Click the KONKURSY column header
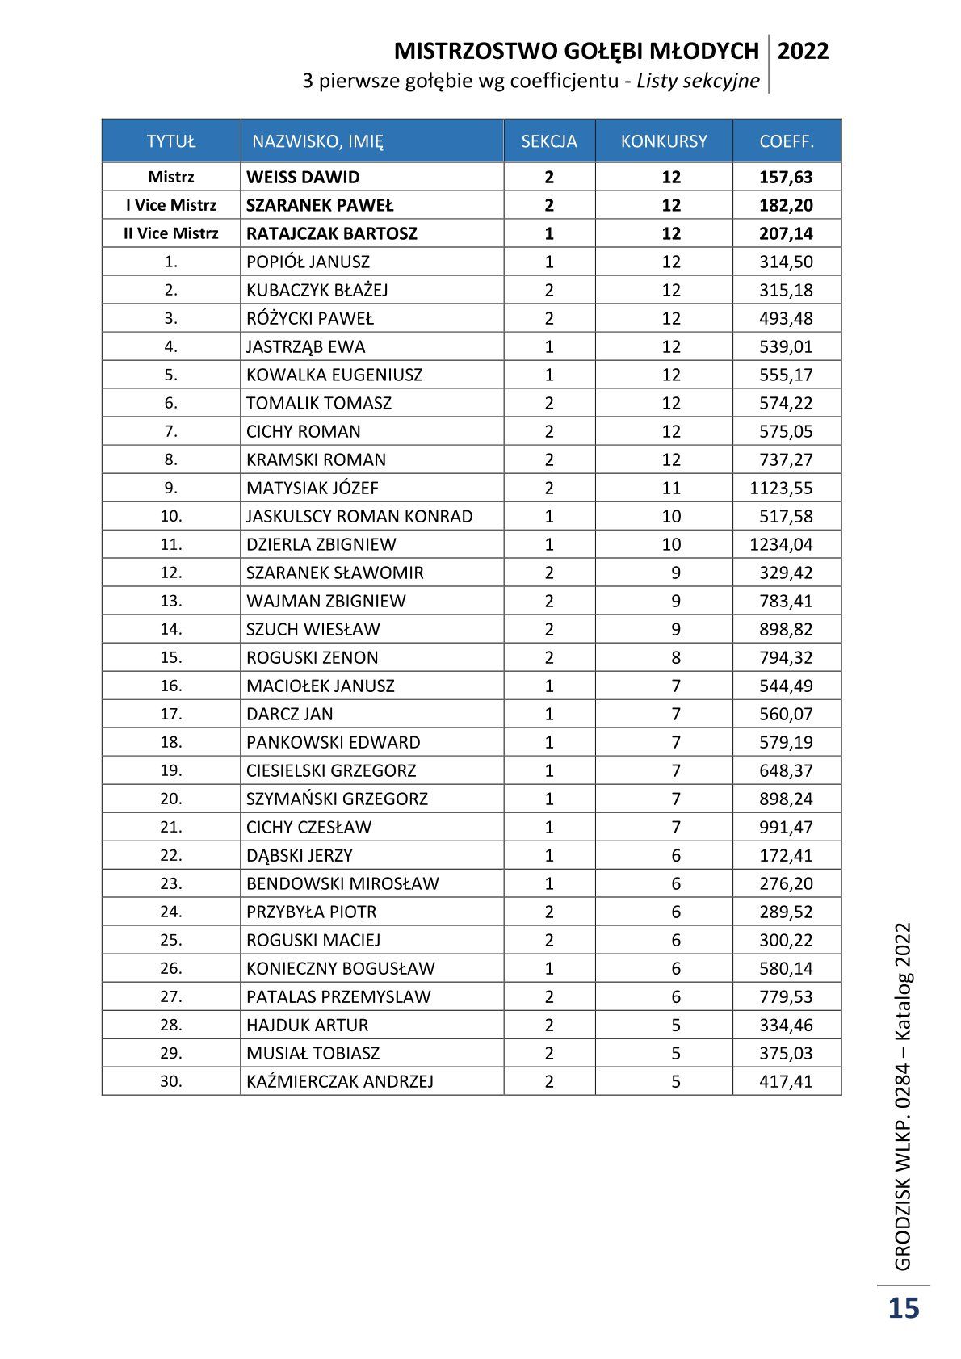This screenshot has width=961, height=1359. tap(664, 141)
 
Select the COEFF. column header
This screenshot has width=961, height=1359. tap(787, 141)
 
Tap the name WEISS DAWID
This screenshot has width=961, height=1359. tap(303, 177)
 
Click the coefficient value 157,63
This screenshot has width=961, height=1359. tap(786, 177)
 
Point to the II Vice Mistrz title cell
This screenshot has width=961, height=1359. tap(171, 233)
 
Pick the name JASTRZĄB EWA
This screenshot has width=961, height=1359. tap(305, 346)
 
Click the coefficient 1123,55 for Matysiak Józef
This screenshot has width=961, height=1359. tap(781, 488)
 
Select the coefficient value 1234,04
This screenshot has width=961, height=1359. tap(781, 544)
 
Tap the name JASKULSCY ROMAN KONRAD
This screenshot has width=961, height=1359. tap(359, 516)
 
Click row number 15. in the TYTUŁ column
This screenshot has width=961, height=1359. tap(171, 657)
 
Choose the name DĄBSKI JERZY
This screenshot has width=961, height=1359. tap(300, 855)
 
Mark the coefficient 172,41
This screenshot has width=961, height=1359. tap(786, 855)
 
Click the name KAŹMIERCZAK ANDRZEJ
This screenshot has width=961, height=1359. tap(340, 1081)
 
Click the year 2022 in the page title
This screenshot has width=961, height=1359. tap(803, 52)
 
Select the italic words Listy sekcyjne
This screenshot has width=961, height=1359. tap(698, 81)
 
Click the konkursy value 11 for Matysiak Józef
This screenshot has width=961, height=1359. tap(671, 488)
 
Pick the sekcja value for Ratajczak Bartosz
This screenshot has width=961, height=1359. tap(549, 233)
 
